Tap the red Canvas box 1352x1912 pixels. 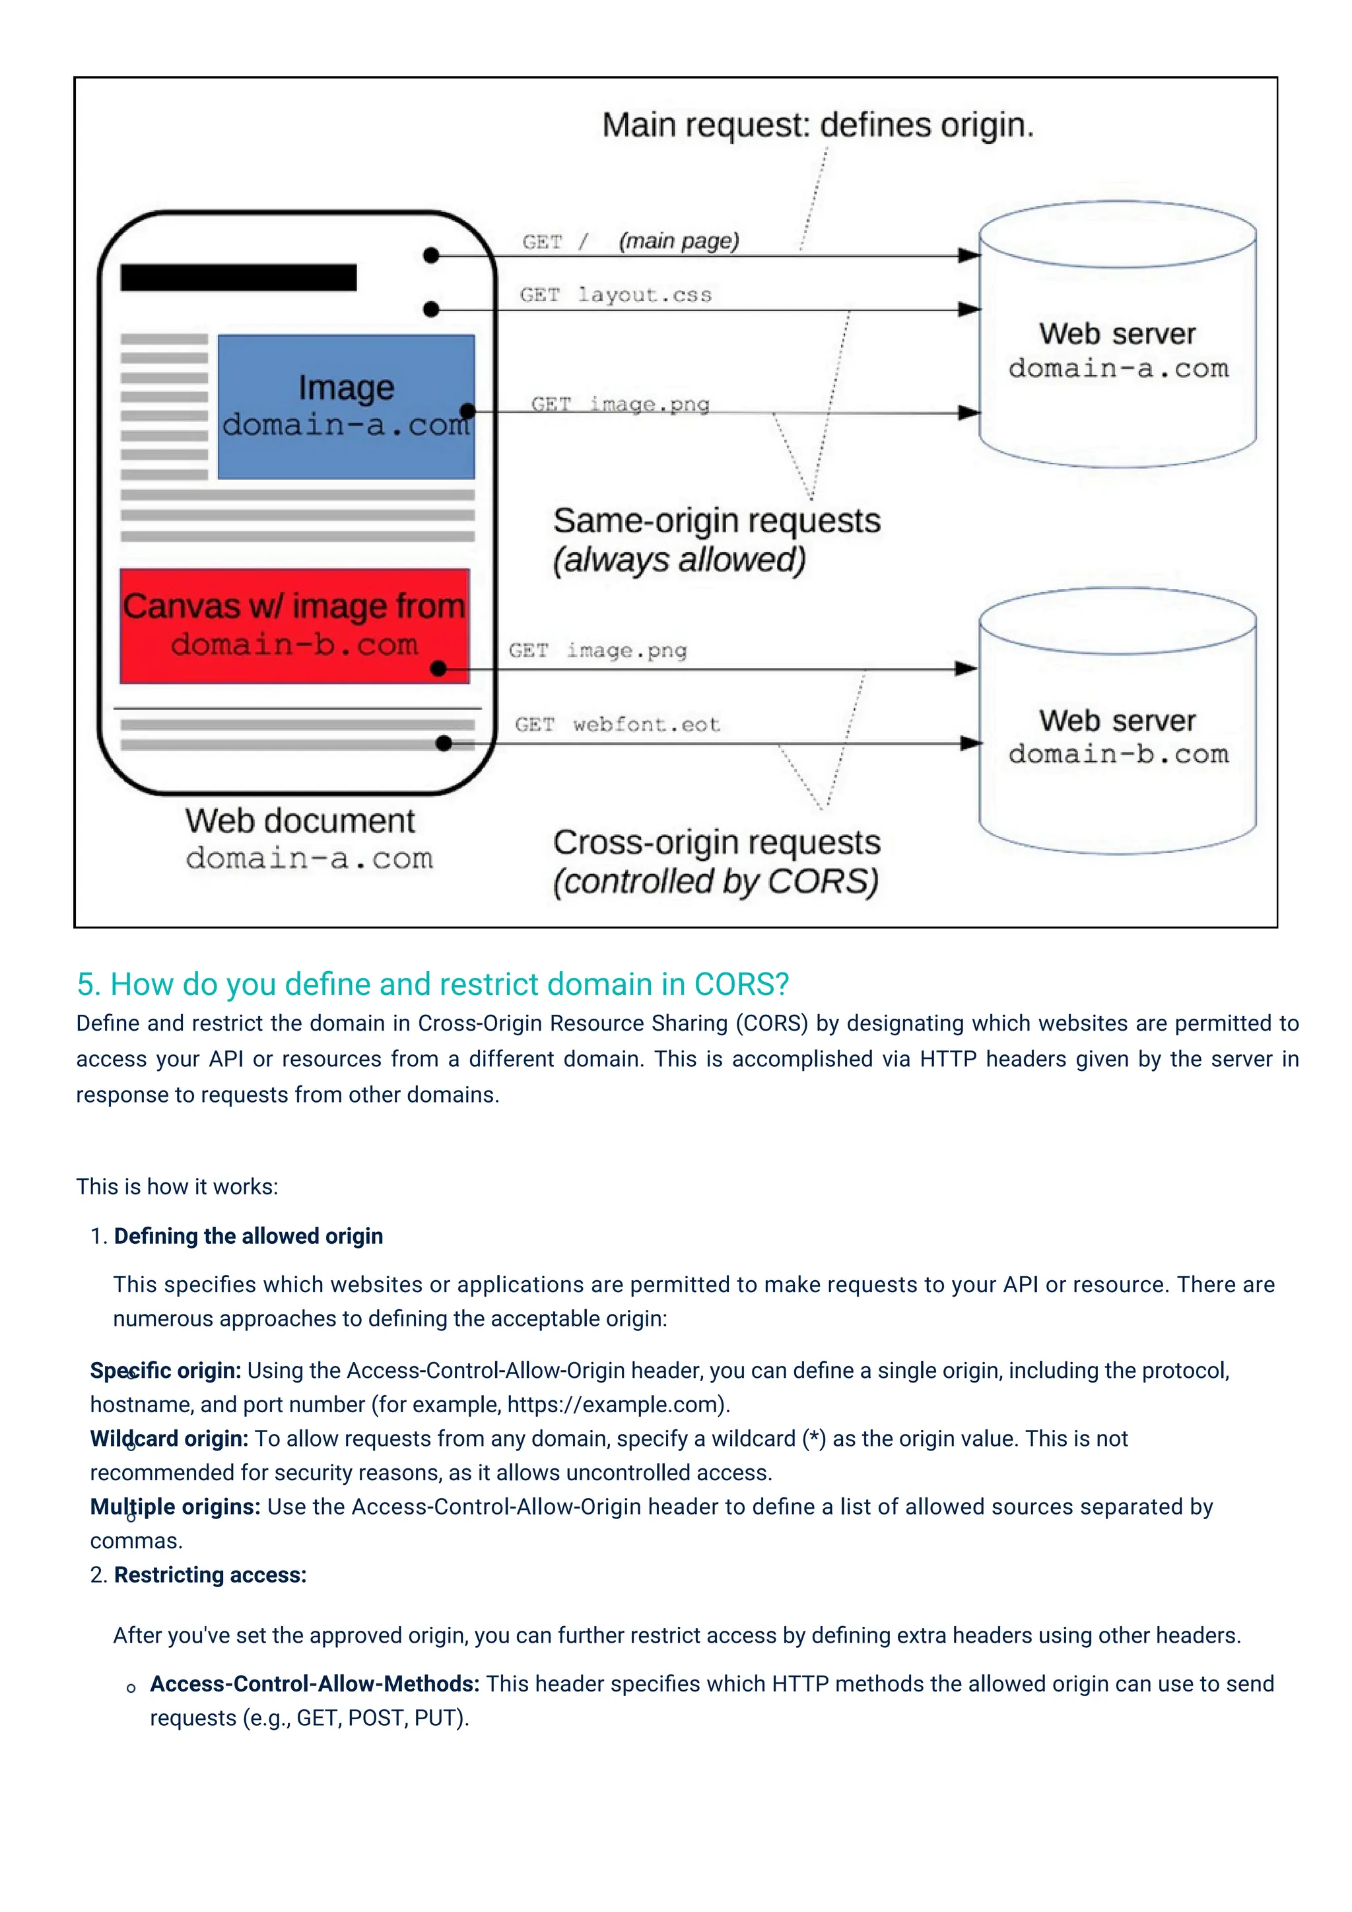[x=294, y=625]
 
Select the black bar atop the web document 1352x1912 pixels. [x=238, y=277]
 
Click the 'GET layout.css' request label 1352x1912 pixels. [x=615, y=295]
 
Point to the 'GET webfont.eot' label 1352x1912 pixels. [x=617, y=724]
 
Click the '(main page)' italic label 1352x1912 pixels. [x=679, y=242]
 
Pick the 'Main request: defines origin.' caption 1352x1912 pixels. [x=817, y=125]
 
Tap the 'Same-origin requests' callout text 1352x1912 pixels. [x=716, y=522]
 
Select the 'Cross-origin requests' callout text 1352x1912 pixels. [x=716, y=842]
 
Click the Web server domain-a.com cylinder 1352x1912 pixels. [x=1117, y=350]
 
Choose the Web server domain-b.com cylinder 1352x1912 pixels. [x=1117, y=737]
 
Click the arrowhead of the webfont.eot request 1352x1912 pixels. [x=970, y=743]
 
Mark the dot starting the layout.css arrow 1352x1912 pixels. [x=430, y=310]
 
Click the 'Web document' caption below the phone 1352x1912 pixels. [x=300, y=821]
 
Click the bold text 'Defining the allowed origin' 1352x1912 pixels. [x=248, y=1236]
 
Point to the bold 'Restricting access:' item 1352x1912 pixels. [x=210, y=1575]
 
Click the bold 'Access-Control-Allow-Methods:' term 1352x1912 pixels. [x=315, y=1684]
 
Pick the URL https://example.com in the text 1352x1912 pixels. [x=615, y=1405]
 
